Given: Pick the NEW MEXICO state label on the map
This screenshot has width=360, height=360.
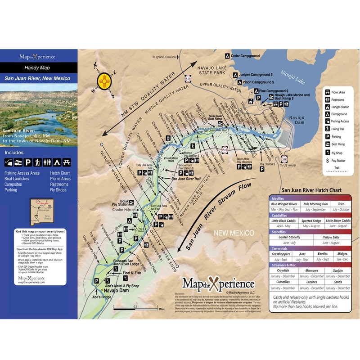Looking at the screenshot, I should (x=233, y=233).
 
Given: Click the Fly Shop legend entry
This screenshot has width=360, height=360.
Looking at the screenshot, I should (x=335, y=152).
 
